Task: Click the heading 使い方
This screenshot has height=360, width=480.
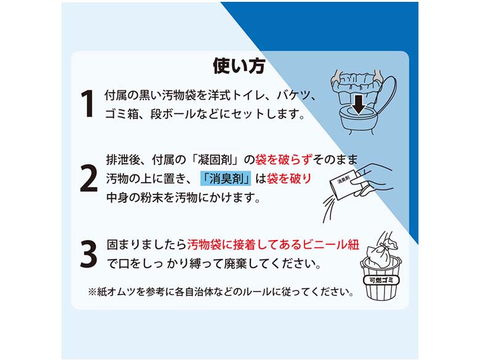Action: pyautogui.click(x=239, y=65)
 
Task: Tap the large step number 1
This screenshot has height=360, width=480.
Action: pyautogui.click(x=88, y=103)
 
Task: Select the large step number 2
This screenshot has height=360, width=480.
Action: pyautogui.click(x=88, y=178)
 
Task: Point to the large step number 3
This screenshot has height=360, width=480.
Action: pyautogui.click(x=89, y=254)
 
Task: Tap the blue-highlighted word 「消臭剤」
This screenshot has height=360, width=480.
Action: pyautogui.click(x=226, y=178)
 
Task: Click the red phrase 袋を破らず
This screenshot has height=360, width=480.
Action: pyautogui.click(x=284, y=159)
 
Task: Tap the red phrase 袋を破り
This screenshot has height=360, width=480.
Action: pyautogui.click(x=289, y=178)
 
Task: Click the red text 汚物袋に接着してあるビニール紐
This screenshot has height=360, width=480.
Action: pyautogui.click(x=273, y=244)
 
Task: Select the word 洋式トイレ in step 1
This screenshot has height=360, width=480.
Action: pyautogui.click(x=234, y=95)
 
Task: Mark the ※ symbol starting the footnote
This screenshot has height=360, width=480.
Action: pyautogui.click(x=92, y=292)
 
